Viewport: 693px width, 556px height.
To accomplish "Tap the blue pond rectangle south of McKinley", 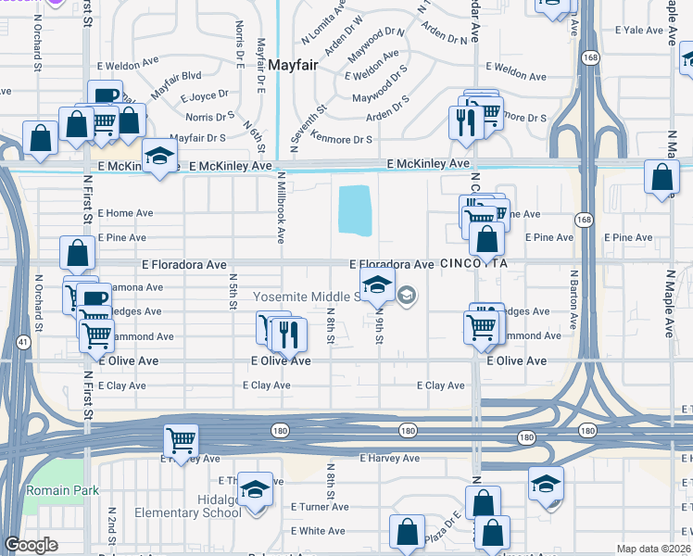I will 355,209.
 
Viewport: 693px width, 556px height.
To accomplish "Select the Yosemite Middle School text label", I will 306,297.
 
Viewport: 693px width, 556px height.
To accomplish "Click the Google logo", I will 31,545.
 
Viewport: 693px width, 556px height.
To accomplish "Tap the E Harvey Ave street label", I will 389,459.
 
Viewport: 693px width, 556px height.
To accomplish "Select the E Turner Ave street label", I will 318,507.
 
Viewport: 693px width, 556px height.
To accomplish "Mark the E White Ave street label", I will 318,531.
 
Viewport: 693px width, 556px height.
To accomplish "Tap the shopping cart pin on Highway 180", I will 182,440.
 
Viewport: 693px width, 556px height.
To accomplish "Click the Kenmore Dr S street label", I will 343,140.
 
